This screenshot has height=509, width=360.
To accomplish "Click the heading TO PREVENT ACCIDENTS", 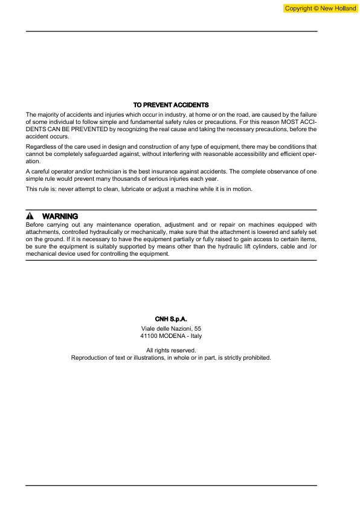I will tap(171, 105).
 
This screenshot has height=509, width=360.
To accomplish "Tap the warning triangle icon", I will tap(29, 216).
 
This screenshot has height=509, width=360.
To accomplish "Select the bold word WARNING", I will tap(60, 216).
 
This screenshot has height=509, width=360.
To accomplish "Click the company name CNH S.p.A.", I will tap(171, 319).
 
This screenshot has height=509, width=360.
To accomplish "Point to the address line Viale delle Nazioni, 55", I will tap(171, 328).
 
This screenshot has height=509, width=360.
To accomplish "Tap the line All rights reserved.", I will tap(171, 350).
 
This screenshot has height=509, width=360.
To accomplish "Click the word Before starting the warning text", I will tap(36, 225).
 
